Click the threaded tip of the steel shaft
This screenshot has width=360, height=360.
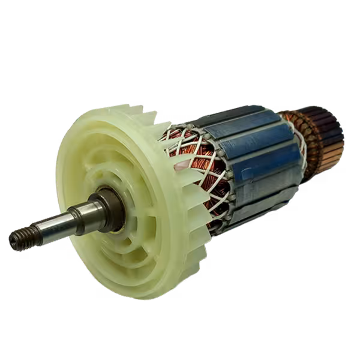point(19,239)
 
